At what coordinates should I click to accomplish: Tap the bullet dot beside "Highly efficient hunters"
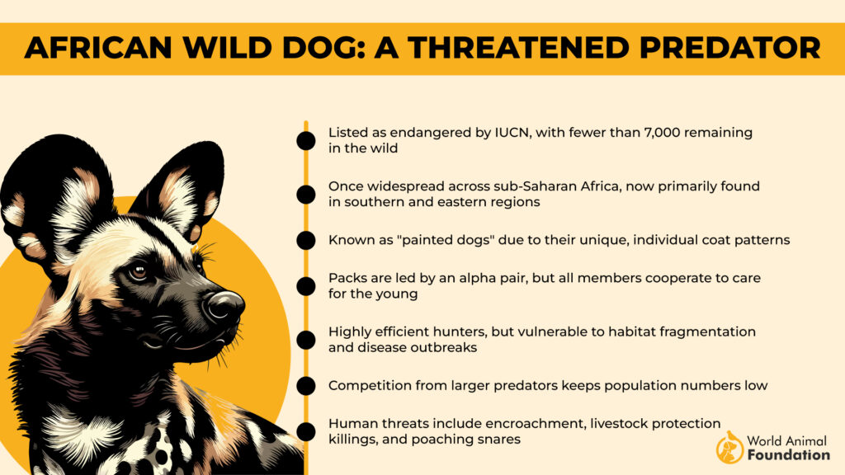(305, 339)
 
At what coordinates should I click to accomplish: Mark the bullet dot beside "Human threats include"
(305, 430)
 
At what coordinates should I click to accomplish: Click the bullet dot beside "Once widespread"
(305, 195)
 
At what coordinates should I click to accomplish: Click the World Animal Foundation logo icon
(729, 446)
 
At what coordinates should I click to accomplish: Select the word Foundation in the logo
(789, 454)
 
